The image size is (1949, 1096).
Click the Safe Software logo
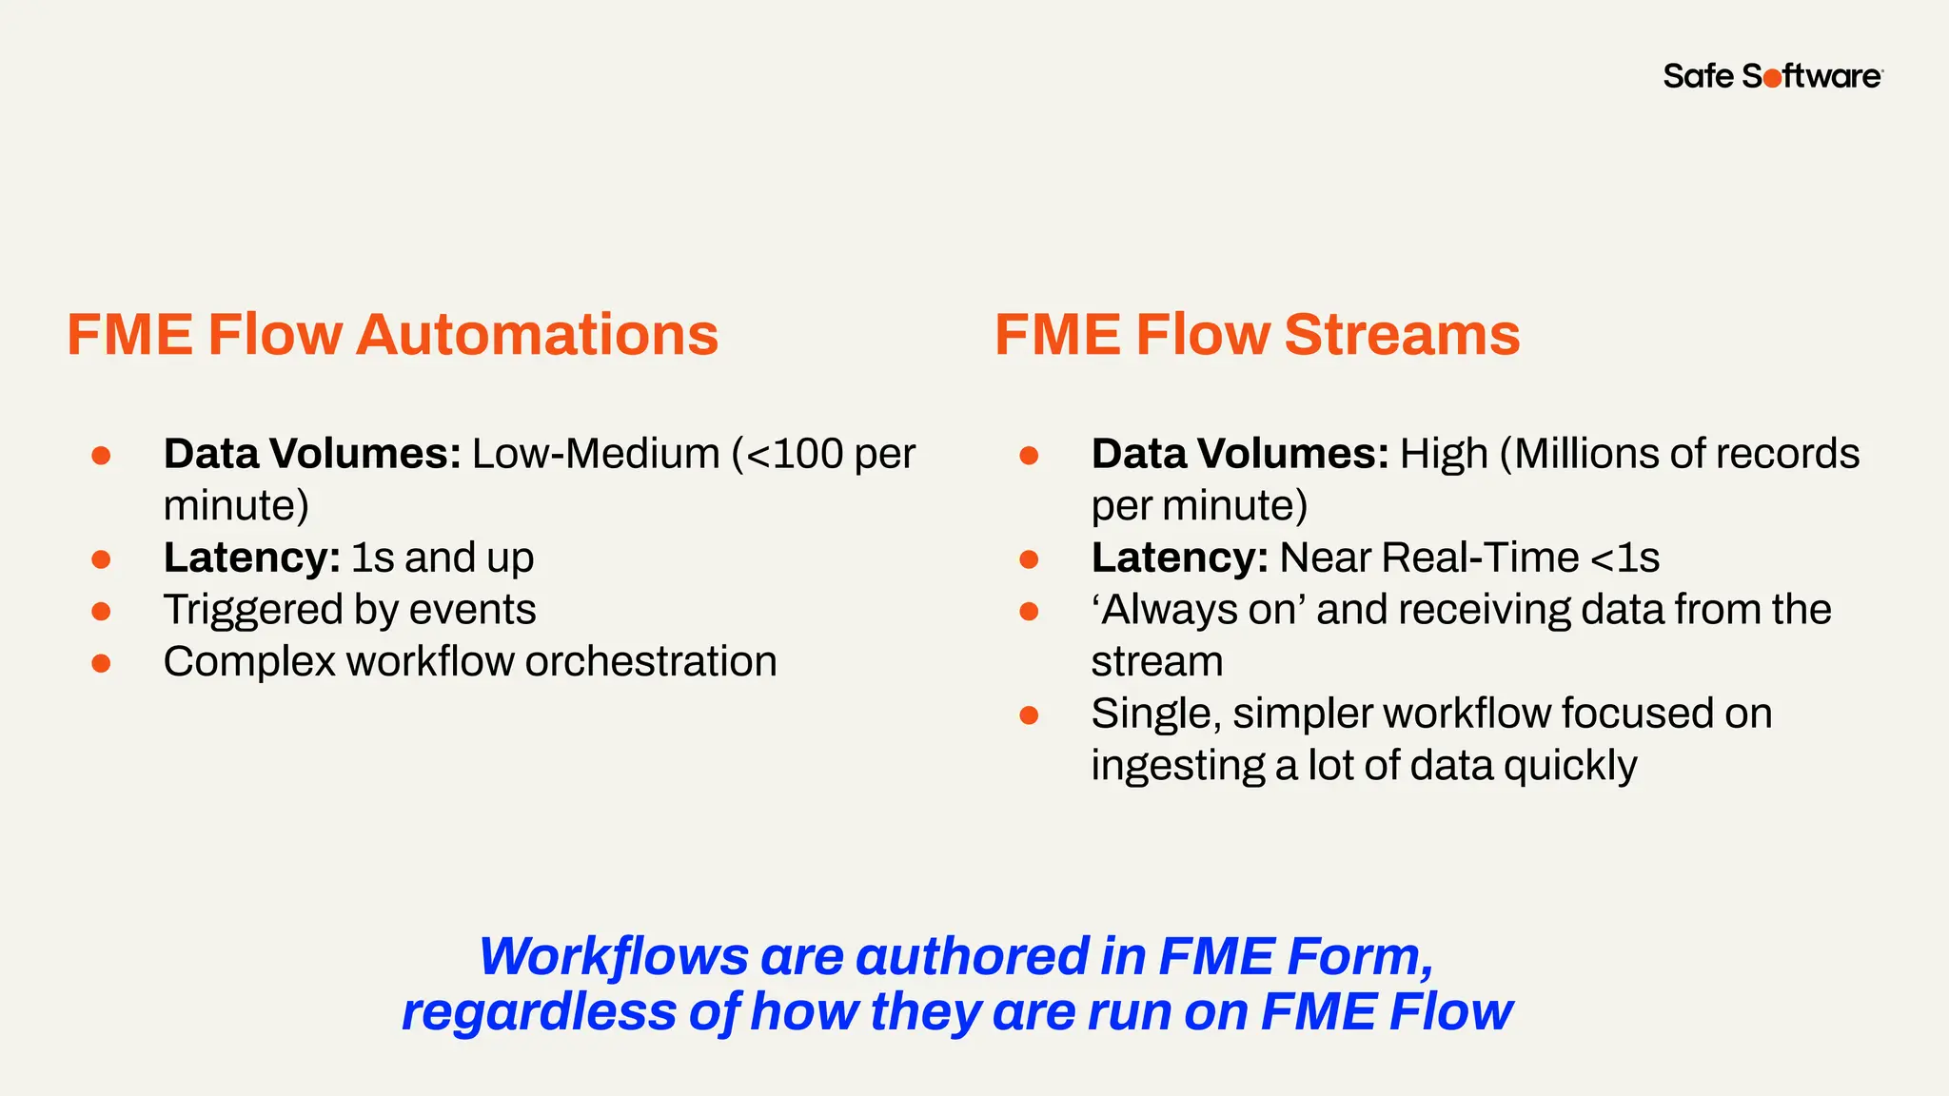(x=1772, y=76)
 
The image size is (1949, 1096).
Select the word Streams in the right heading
(x=1402, y=335)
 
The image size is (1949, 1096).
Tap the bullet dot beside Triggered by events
(x=101, y=611)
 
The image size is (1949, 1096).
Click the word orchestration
(x=651, y=661)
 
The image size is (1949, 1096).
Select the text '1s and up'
(x=443, y=558)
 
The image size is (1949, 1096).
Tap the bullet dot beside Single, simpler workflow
(x=1029, y=714)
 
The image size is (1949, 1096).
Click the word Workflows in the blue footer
(x=614, y=957)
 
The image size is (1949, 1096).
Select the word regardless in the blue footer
(x=539, y=1011)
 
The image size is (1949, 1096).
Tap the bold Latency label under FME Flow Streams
(x=1179, y=558)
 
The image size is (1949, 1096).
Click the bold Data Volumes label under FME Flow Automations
(x=312, y=454)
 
